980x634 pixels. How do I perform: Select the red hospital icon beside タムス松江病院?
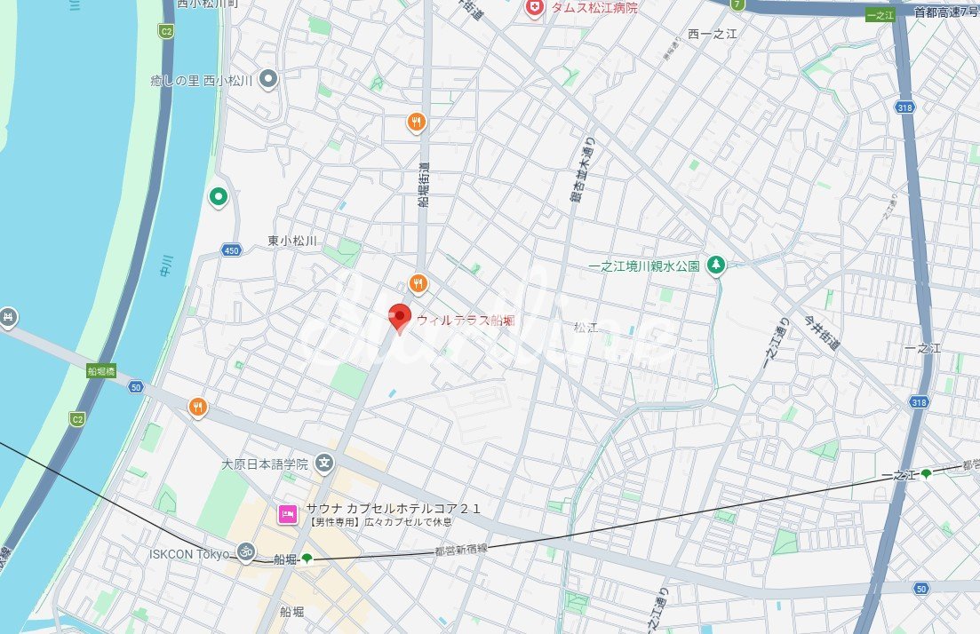click(x=534, y=8)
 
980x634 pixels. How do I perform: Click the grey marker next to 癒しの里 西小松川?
click(x=269, y=81)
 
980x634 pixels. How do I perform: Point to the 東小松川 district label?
click(x=292, y=241)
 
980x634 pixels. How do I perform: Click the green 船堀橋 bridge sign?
click(x=101, y=371)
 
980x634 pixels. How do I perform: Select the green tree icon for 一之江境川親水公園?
click(x=716, y=265)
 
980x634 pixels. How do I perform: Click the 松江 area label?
click(x=586, y=328)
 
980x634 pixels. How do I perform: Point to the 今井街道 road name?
click(x=821, y=332)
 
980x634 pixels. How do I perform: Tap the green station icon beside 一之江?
click(x=927, y=474)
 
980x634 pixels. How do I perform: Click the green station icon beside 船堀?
click(x=307, y=559)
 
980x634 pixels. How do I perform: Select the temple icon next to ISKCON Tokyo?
click(x=245, y=553)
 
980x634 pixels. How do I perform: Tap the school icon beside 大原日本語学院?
click(x=325, y=463)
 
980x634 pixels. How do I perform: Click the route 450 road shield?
click(x=232, y=250)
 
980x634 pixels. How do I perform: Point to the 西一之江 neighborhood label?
click(x=712, y=34)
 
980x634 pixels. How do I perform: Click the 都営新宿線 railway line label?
click(x=462, y=551)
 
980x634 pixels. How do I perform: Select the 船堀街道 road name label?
click(x=423, y=187)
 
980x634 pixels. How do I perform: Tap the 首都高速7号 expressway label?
click(x=945, y=12)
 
